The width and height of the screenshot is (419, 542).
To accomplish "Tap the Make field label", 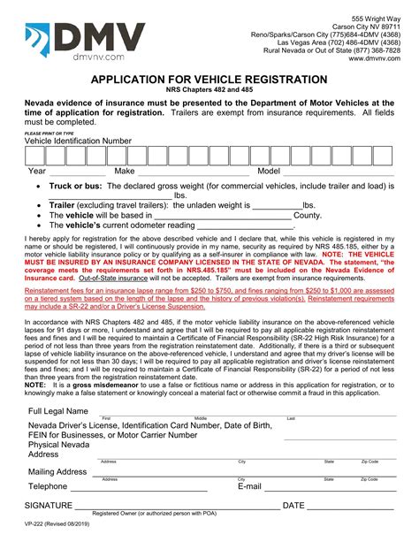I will pyautogui.click(x=124, y=172).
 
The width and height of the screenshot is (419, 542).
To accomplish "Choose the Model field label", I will pyautogui.click(x=268, y=172).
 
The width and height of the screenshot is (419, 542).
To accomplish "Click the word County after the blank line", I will pyautogui.click(x=307, y=215).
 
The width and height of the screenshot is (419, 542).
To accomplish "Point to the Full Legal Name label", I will pyautogui.click(x=58, y=412).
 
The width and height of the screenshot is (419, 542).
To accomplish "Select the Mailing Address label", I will pyautogui.click(x=57, y=472).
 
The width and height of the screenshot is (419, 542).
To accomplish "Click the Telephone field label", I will pyautogui.click(x=48, y=486).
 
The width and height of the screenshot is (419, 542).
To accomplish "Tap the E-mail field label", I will pyautogui.click(x=249, y=486).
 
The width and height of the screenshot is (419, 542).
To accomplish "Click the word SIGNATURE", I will pyautogui.click(x=48, y=505).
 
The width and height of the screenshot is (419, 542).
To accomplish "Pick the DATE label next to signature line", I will pyautogui.click(x=293, y=505).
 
